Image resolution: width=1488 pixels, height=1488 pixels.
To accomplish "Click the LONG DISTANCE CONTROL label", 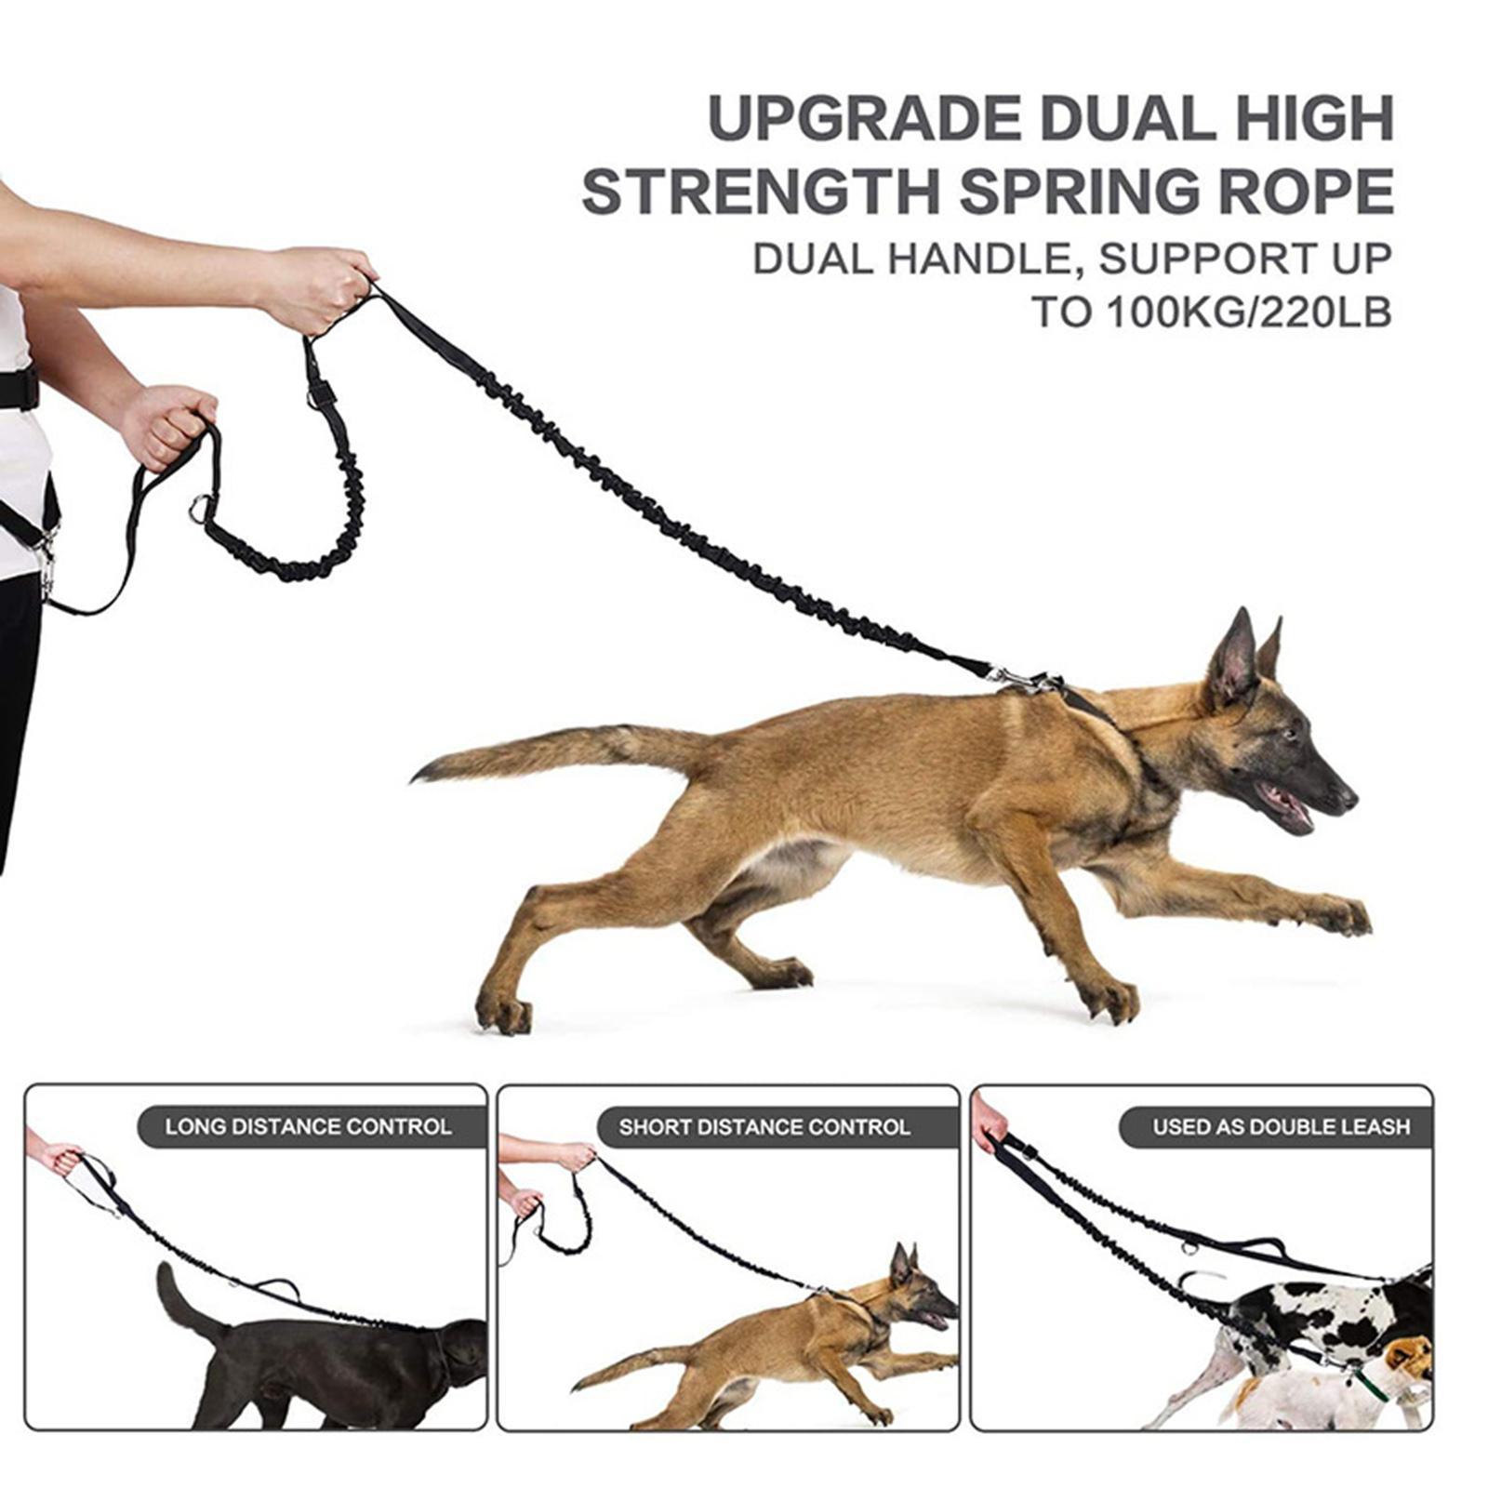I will click(308, 1126).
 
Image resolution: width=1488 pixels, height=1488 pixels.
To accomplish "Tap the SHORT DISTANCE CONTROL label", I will click(764, 1127).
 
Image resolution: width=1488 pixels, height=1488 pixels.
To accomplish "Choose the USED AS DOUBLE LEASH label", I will click(1281, 1127).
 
